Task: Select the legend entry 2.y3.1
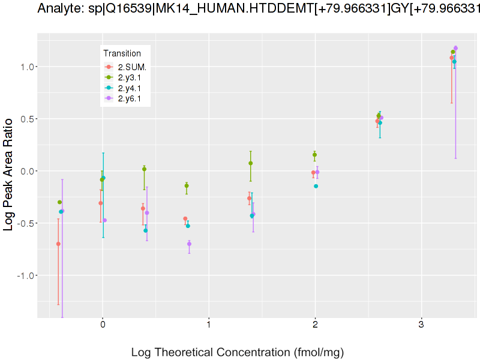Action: coord(130,77)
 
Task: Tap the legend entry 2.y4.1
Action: coord(130,88)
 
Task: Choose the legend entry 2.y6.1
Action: coord(130,99)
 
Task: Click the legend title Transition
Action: coord(122,53)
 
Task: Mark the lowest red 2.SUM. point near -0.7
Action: coord(58,244)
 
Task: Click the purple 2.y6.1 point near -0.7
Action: coord(190,244)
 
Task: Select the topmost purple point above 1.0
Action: coord(455,48)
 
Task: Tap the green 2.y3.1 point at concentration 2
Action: coord(314,155)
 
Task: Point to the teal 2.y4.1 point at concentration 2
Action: coord(316,186)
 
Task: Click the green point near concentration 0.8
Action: coord(187,186)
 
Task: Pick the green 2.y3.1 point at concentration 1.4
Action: coord(250,163)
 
